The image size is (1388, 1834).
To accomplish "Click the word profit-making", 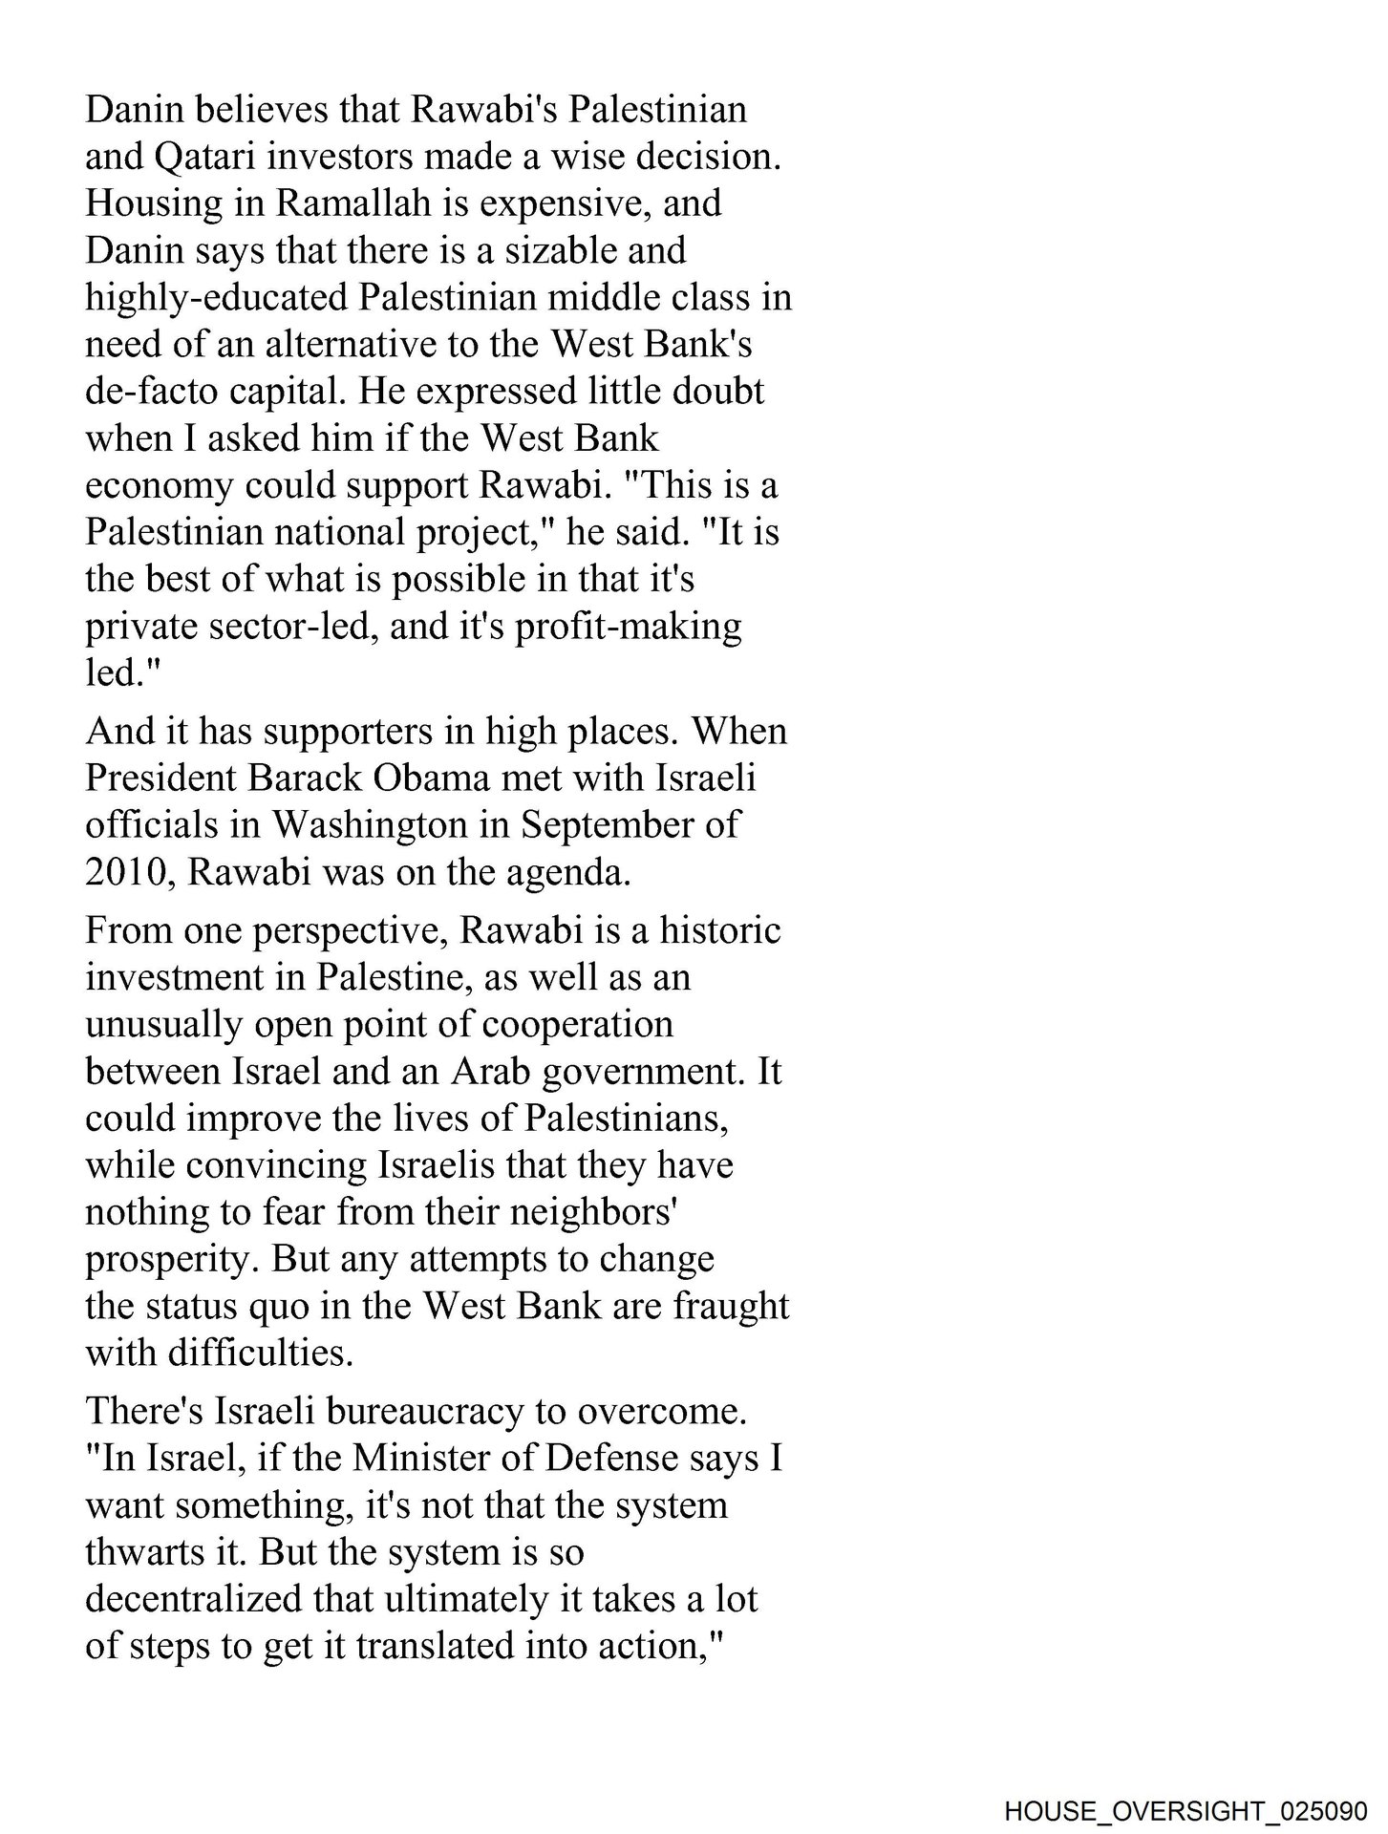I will pyautogui.click(x=629, y=627).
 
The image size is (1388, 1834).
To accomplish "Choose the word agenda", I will pyautogui.click(x=578, y=873).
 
